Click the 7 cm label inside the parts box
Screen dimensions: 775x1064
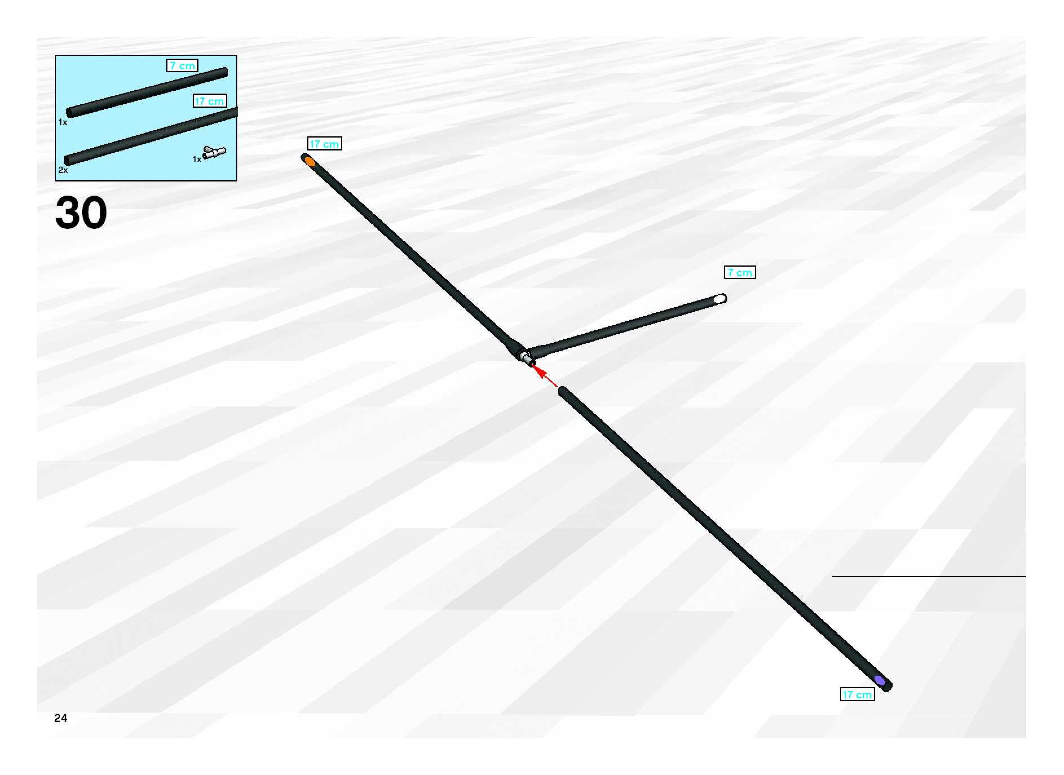[x=182, y=66]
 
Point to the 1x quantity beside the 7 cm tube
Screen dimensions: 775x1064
[x=62, y=122]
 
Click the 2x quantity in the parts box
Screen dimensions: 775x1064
[x=62, y=170]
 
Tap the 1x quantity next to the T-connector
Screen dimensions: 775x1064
[x=197, y=160]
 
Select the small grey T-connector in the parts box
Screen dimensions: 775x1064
[x=214, y=152]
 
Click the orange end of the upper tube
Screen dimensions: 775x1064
[x=309, y=161]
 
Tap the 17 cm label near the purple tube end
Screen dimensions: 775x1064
[x=857, y=695]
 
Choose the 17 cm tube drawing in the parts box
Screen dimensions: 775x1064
[x=150, y=136]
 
